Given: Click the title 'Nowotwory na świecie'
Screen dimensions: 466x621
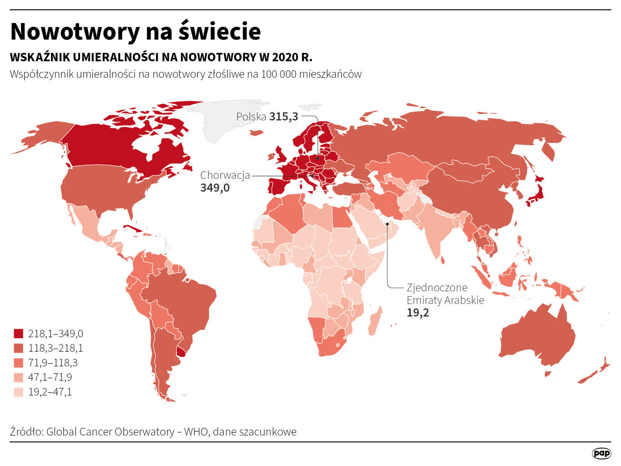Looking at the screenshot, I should pos(135,31).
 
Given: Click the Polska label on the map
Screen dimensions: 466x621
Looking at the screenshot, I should pos(251,116).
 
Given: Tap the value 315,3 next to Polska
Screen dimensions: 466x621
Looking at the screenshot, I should pos(283,116).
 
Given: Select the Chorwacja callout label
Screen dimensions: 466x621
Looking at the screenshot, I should pos(225,175).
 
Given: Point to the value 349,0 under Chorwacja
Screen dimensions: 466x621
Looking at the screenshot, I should pos(215,188).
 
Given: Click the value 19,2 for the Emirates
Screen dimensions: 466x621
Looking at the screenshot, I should pos(418,313).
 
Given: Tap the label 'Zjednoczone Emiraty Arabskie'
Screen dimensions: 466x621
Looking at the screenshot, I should pos(444,294).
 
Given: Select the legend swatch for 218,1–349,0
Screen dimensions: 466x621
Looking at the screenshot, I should pos(18,334).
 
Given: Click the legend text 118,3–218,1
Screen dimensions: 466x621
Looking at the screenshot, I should pos(56,348).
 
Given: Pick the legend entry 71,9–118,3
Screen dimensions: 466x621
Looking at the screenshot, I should pos(53,363).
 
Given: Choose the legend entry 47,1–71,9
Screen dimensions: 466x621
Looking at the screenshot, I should pos(50,377).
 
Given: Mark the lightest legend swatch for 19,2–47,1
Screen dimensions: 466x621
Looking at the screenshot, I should pos(18,392).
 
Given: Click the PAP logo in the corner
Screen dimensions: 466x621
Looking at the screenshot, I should pos(601,453).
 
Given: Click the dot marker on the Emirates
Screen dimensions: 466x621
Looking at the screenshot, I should pos(387,223).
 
